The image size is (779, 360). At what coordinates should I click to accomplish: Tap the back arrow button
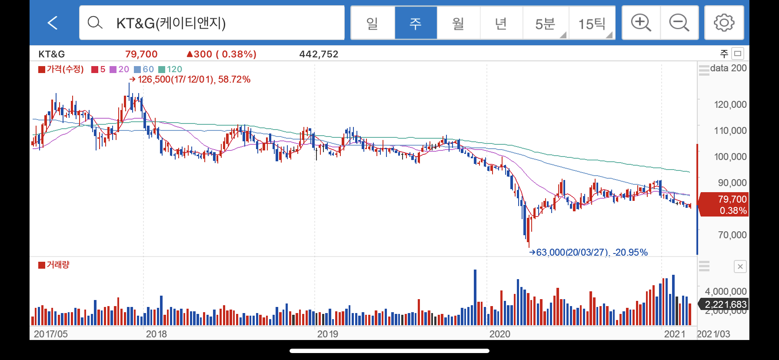pos(53,23)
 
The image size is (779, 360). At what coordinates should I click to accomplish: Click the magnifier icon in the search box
pos(95,23)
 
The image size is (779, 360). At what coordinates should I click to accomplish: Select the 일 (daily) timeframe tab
pos(373,23)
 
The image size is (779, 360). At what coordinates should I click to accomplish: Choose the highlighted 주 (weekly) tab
pos(416,23)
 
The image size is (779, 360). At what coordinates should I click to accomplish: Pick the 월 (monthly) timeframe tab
pos(458,23)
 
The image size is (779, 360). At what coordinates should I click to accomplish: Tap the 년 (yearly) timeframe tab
pos(501,23)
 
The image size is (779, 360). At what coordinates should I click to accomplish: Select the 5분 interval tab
pos(546,23)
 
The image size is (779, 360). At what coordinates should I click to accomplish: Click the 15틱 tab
pos(592,23)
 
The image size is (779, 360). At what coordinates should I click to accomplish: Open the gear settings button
pos(724,23)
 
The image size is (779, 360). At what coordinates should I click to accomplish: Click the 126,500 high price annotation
pos(190,80)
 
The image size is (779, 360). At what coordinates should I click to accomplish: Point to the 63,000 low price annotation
pos(588,252)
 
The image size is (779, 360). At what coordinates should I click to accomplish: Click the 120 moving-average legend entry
pos(170,69)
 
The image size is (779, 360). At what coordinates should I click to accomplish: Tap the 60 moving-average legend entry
pos(144,69)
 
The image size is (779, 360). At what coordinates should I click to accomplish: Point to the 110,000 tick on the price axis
pos(730,130)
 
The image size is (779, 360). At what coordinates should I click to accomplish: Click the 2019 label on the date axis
pos(327,334)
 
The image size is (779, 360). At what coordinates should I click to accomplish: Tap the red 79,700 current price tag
pos(722,204)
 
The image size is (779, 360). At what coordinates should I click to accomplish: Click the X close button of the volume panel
pos(740,267)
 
